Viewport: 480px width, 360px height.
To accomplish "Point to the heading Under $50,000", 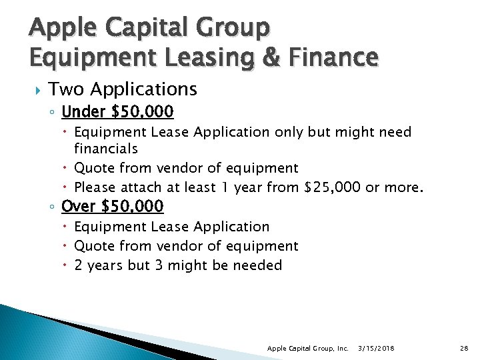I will point(117,111).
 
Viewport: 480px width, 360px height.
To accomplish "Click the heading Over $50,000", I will point(112,207).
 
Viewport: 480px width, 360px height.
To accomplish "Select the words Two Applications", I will point(123,89).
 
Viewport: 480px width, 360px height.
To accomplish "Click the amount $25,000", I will point(332,187).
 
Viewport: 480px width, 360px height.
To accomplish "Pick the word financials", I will point(106,148).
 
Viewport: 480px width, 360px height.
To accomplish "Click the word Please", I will point(95,187).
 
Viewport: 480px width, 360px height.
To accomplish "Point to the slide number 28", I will point(464,348).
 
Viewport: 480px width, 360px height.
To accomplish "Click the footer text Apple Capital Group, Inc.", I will point(307,348).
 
